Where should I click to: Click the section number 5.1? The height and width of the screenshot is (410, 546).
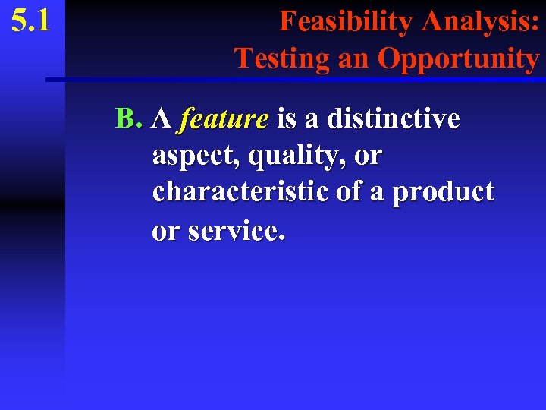(x=31, y=20)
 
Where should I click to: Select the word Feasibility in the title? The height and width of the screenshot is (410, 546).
(x=347, y=21)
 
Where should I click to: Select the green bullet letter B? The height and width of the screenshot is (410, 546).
(x=128, y=118)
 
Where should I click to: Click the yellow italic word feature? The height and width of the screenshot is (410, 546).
(x=224, y=119)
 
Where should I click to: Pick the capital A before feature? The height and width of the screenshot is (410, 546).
(x=161, y=119)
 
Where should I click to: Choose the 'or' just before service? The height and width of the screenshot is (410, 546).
(x=166, y=230)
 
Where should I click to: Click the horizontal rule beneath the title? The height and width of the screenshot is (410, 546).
(x=296, y=79)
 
